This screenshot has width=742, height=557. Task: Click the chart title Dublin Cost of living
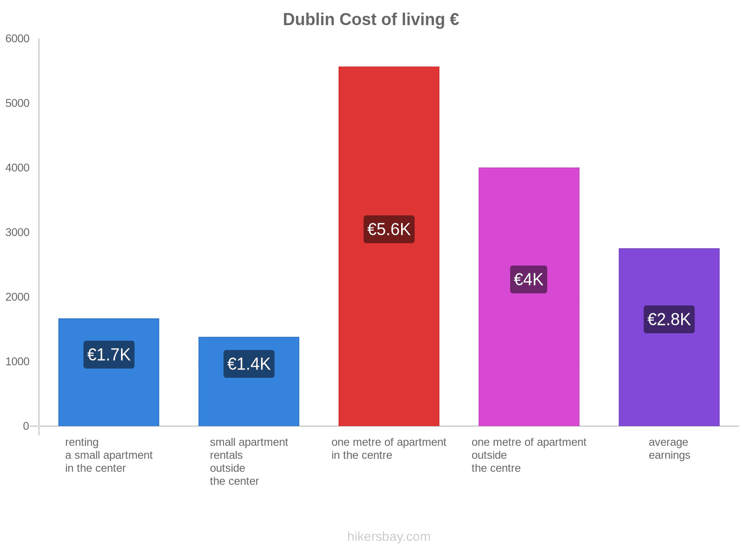coord(371,19)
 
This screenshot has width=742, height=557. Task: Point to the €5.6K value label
coord(389,229)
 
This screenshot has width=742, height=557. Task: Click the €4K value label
coord(528,279)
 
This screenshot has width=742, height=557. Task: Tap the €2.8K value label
coord(669,319)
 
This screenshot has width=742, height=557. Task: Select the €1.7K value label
coord(109,355)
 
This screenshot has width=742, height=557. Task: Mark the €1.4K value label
coord(249,364)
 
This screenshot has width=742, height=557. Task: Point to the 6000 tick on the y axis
coord(18,39)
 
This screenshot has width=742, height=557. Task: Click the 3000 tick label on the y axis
coord(18,233)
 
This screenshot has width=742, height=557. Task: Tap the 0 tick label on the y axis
coord(26,426)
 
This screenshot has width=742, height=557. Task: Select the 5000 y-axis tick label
coord(18,104)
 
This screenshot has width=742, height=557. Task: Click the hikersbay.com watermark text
coord(389,537)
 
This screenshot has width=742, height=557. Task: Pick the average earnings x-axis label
coord(669,448)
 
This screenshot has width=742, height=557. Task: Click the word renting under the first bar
coord(82,442)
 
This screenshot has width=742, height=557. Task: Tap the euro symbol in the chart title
coord(454,19)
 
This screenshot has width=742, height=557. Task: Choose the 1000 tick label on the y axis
coord(18,362)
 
